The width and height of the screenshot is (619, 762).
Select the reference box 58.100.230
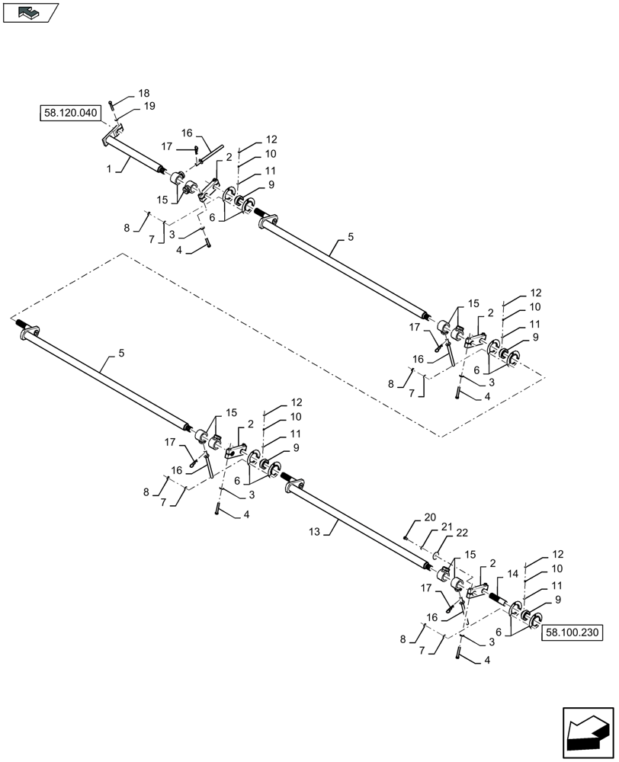click(x=573, y=632)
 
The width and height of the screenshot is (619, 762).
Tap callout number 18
click(x=143, y=93)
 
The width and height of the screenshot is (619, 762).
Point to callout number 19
click(x=149, y=107)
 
